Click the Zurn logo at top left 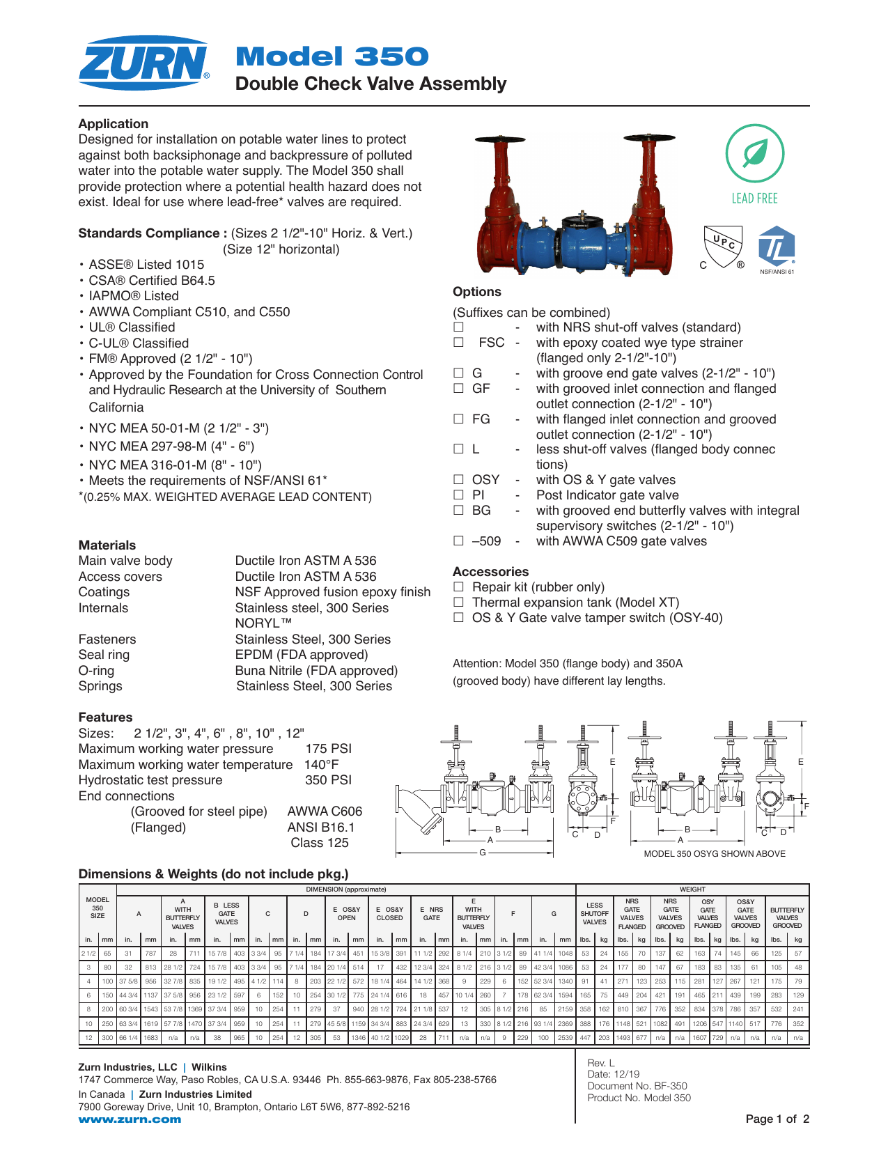coord(143,63)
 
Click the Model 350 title coord(332,56)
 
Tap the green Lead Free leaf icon coord(754,154)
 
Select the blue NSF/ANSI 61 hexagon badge coord(776,247)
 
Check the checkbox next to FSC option coord(458,343)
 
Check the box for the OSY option coord(458,480)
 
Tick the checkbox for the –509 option coord(458,541)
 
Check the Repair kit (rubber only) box coord(458,587)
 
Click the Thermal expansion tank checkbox coord(458,603)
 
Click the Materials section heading coord(107,545)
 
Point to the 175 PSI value coord(328,749)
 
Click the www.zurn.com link coord(130,1119)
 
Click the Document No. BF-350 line coord(637,1086)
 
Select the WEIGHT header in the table coord(692,889)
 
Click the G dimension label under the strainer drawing coord(482,853)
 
